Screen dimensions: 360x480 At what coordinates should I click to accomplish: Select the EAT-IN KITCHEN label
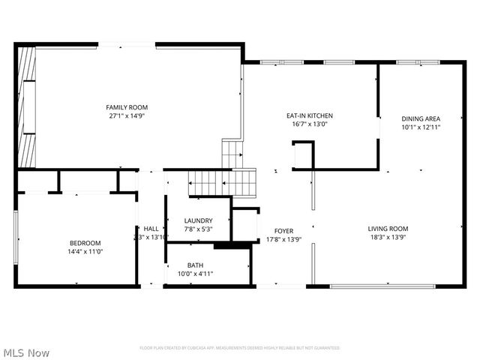point(310,115)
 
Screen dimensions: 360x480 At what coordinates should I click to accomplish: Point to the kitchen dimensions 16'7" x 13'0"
point(310,124)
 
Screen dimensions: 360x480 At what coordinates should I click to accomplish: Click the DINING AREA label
point(421,118)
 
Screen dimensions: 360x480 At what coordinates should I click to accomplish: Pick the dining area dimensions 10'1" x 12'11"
point(421,127)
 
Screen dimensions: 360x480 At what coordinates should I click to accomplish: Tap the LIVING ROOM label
point(388,229)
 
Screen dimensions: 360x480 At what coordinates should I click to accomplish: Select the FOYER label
point(284,231)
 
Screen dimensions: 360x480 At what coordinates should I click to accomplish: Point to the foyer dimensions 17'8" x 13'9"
point(284,239)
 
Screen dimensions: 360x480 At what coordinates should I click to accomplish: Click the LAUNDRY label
point(198,220)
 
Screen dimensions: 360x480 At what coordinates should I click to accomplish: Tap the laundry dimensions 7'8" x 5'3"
point(198,229)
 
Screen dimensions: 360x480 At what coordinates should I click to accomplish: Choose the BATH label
point(195,265)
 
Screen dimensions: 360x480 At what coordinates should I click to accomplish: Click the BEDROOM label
point(85,243)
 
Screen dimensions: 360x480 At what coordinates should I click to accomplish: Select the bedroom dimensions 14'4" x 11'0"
point(85,251)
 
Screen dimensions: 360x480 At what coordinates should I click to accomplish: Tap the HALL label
point(151,229)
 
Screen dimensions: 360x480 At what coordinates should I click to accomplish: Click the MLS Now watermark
point(26,352)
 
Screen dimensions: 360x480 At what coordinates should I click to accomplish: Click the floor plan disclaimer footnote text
point(239,348)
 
